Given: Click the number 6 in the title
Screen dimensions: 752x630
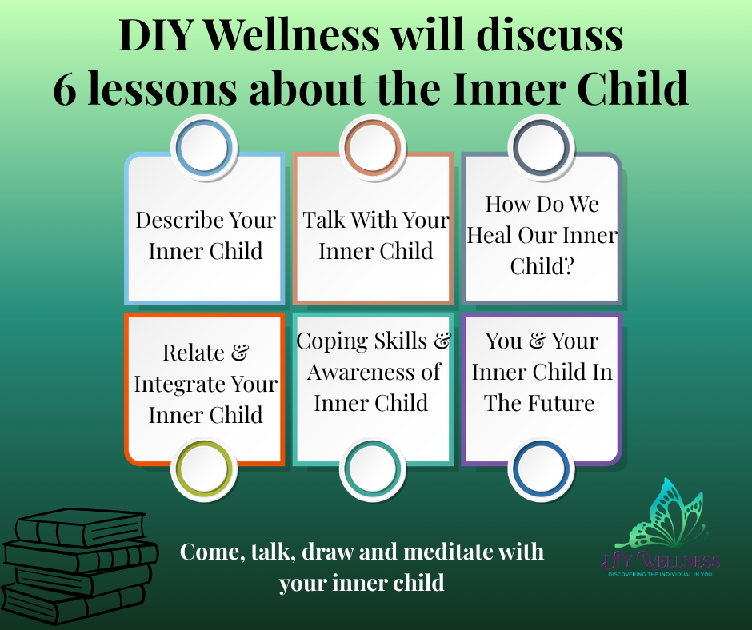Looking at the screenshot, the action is tap(65, 88).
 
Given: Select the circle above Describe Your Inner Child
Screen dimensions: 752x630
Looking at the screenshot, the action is tap(204, 147).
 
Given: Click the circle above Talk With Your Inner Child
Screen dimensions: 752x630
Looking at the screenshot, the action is tap(373, 147).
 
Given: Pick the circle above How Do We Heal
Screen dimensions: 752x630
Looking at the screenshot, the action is tap(542, 147).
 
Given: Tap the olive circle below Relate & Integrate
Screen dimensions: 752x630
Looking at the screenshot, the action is tap(204, 469).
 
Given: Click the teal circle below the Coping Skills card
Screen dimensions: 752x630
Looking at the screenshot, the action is tap(373, 469).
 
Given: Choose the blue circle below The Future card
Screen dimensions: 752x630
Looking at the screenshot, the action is tap(542, 469).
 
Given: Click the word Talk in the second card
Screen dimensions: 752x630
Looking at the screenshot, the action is tap(324, 220).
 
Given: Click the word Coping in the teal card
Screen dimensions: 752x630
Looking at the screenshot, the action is tap(332, 342).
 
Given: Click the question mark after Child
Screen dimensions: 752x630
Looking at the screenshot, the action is tap(568, 266).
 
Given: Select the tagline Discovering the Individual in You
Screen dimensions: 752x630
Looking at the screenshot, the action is tap(660, 574).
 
